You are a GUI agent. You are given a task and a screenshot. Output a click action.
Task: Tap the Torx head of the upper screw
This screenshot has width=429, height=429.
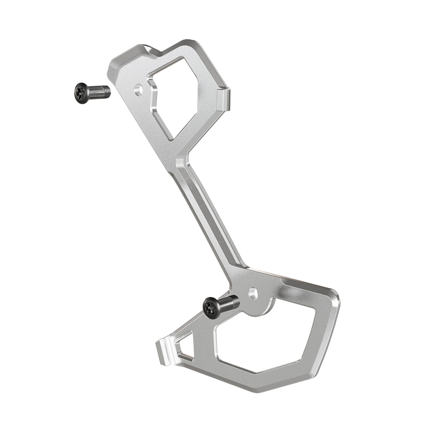click(81, 89)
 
